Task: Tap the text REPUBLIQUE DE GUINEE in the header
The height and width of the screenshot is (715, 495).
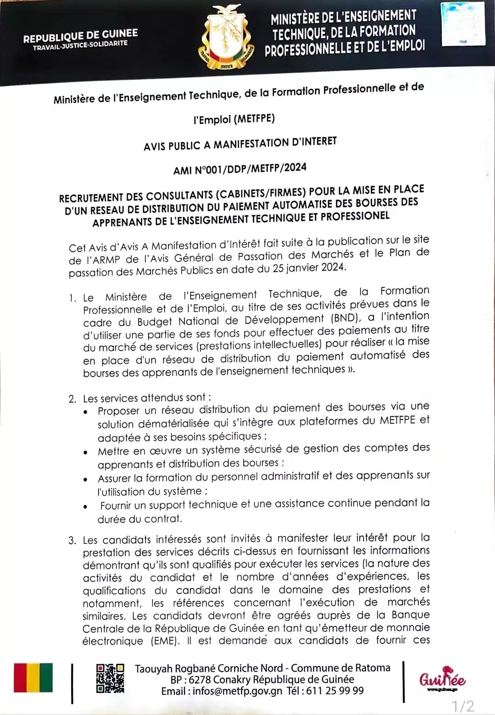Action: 80,36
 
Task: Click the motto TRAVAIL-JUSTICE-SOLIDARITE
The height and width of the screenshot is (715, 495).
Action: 80,45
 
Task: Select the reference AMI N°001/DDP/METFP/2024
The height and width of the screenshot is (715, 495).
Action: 239,168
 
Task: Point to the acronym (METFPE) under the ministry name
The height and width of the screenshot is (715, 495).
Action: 254,119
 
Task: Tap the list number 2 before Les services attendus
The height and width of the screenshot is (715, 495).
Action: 72,399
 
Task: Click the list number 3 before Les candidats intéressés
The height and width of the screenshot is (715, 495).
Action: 72,540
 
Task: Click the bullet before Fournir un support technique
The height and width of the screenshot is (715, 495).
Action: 86,507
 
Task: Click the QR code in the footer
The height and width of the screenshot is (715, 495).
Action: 110,678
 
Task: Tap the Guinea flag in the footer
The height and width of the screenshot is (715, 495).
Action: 33,678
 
